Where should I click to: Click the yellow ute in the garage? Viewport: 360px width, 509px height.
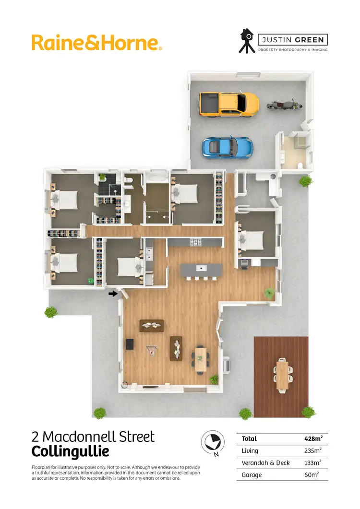coord(229,104)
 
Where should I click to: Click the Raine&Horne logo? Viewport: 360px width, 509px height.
coord(96,42)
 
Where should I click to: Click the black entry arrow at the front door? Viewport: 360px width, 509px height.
coord(113,293)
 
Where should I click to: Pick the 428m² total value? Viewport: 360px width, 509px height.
coord(313,438)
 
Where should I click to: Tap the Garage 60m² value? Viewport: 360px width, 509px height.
coord(313,475)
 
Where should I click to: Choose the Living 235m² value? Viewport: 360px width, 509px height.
coord(313,450)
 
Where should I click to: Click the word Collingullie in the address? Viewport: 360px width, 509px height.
coord(70,452)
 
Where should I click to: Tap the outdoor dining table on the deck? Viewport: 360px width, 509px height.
coord(282,374)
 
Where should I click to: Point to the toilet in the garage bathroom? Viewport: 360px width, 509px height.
coord(300,165)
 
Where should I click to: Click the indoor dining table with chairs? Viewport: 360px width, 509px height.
coord(200,358)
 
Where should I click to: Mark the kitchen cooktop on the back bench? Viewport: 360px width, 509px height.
coord(196,243)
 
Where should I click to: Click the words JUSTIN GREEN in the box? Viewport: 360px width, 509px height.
coord(292,40)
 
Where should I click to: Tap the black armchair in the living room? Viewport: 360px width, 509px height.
coord(129,344)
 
